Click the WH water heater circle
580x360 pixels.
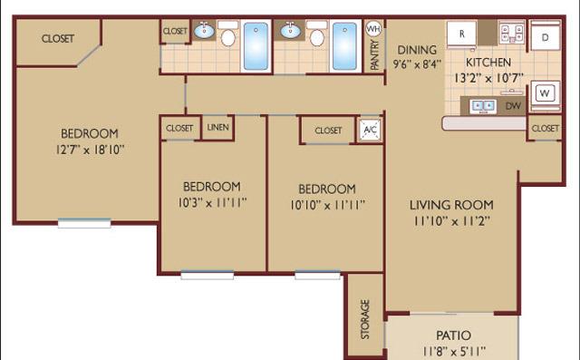[x=373, y=28]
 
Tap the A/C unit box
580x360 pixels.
[x=371, y=130]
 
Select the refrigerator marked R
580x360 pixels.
[x=461, y=34]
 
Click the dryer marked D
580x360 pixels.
[x=546, y=36]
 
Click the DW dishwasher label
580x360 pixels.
[x=514, y=106]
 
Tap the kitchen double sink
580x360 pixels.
[x=483, y=106]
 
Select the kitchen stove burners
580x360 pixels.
[x=511, y=33]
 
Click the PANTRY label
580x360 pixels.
[x=374, y=54]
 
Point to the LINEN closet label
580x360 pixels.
[x=217, y=127]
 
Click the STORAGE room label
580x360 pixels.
[x=365, y=319]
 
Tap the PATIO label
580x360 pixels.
[x=453, y=336]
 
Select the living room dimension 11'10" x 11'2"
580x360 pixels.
[x=451, y=221]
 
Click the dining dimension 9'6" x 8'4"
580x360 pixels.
[x=417, y=64]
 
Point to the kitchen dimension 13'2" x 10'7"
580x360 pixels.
[x=489, y=78]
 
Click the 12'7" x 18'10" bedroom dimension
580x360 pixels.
[x=90, y=150]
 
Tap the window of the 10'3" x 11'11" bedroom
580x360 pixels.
[x=208, y=275]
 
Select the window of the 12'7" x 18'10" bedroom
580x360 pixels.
[x=84, y=223]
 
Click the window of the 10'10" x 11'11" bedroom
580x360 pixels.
[x=318, y=275]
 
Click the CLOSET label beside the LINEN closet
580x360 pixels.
[x=179, y=128]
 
